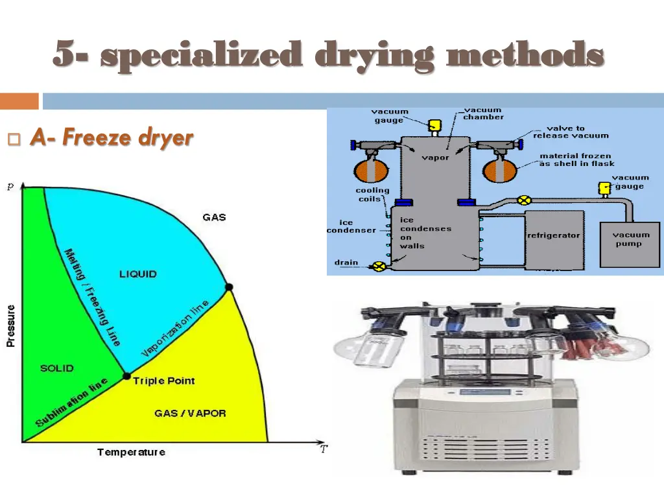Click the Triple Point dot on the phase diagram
(127, 376)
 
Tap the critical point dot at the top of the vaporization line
(228, 287)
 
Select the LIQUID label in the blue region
(137, 274)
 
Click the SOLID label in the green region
(57, 368)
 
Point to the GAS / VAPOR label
(190, 413)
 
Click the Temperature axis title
(131, 452)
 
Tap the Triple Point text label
(164, 381)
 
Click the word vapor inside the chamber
(435, 158)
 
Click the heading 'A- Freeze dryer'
(112, 137)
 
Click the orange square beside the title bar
(19, 101)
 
